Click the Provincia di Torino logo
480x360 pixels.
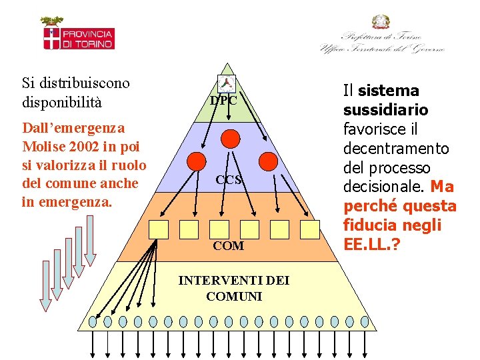tap(79, 35)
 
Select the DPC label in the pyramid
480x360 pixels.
tap(223, 101)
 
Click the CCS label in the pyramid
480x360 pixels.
tap(228, 180)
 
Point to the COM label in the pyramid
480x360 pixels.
tap(228, 246)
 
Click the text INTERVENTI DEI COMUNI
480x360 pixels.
tap(233, 288)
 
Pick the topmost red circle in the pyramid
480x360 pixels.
tap(230, 139)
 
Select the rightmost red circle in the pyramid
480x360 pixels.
tap(267, 161)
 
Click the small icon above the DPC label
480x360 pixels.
tap(227, 85)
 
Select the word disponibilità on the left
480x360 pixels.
tap(61, 103)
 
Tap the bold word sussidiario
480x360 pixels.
tap(385, 109)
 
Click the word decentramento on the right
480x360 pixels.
tap(396, 148)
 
